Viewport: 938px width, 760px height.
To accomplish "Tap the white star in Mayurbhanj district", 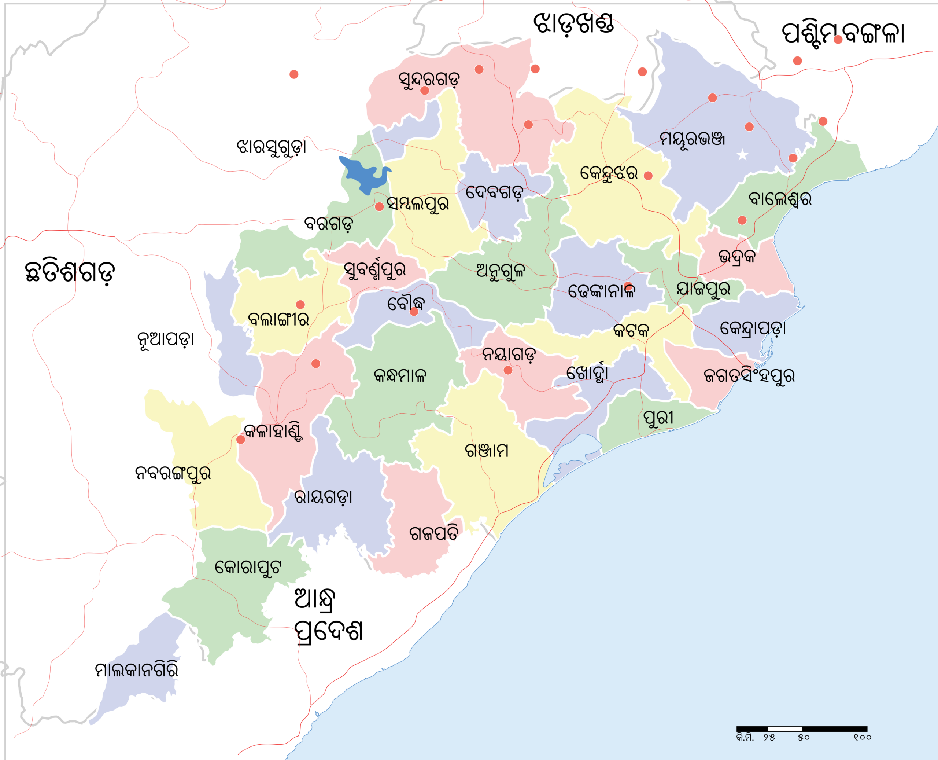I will (742, 155).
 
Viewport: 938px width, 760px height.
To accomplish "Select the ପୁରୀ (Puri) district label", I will (658, 418).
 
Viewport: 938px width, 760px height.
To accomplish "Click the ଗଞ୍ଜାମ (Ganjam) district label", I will (487, 451).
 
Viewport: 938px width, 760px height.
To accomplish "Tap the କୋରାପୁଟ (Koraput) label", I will (248, 568).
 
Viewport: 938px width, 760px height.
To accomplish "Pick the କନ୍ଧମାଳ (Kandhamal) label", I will (400, 376).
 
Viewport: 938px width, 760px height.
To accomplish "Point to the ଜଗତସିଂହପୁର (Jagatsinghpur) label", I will (749, 376).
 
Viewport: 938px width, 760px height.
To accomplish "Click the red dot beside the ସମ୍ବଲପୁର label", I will (379, 207).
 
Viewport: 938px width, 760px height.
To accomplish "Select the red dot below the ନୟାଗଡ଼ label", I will (508, 370).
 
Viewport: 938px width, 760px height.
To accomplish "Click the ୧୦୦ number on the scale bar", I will (862, 738).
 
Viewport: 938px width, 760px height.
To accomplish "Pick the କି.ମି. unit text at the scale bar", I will (745, 738).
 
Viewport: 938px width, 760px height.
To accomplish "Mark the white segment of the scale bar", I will (785, 729).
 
